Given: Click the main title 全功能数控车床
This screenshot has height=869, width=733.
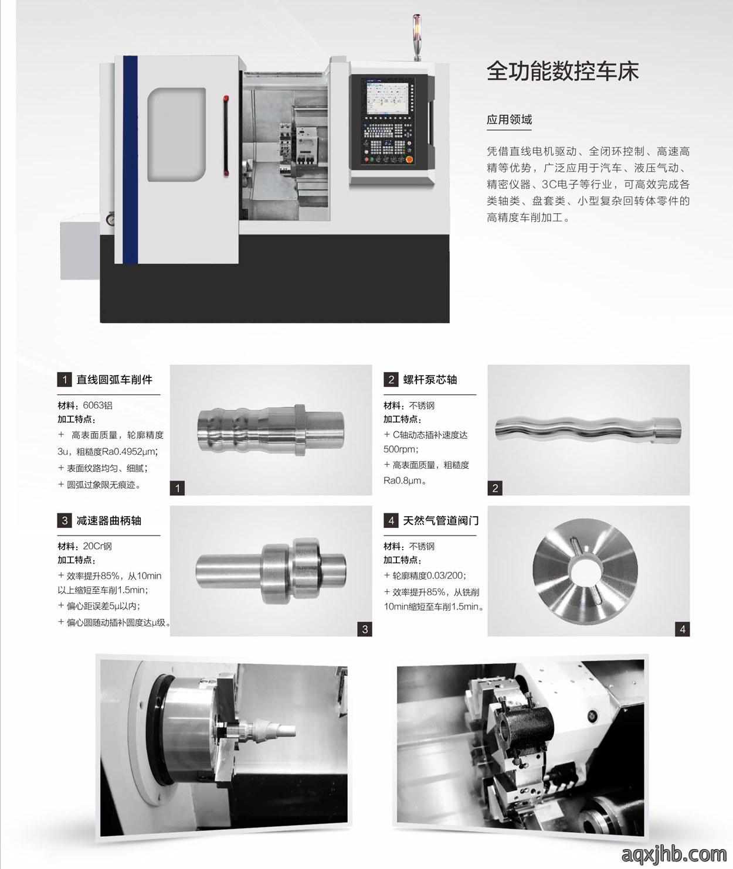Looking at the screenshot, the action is coord(563,71).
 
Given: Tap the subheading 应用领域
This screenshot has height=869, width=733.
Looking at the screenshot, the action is coord(509,120).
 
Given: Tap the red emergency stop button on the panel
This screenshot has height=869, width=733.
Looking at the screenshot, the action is coord(408,159).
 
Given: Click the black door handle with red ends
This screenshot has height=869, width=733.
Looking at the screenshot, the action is coord(226,135).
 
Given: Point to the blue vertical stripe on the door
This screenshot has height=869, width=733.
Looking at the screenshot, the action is coord(130,160).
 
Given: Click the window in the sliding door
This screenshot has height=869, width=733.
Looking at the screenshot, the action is coord(177,134).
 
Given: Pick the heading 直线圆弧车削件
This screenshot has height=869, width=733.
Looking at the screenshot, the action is coord(114,380).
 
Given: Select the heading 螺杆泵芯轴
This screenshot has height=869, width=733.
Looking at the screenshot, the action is coord(430,380).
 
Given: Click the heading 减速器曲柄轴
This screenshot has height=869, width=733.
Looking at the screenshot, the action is coord(108,521).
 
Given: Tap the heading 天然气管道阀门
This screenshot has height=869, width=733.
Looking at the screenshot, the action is coord(440,521).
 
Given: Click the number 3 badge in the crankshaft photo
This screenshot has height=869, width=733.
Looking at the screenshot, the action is coord(365,629).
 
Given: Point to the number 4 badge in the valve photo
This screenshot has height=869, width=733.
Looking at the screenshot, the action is coord(682,629).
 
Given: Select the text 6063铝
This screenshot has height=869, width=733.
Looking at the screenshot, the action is coord(97,405).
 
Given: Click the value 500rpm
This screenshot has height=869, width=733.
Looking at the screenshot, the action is coord(401,449).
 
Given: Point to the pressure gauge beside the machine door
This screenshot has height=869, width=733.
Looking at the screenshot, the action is coord(110,219).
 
